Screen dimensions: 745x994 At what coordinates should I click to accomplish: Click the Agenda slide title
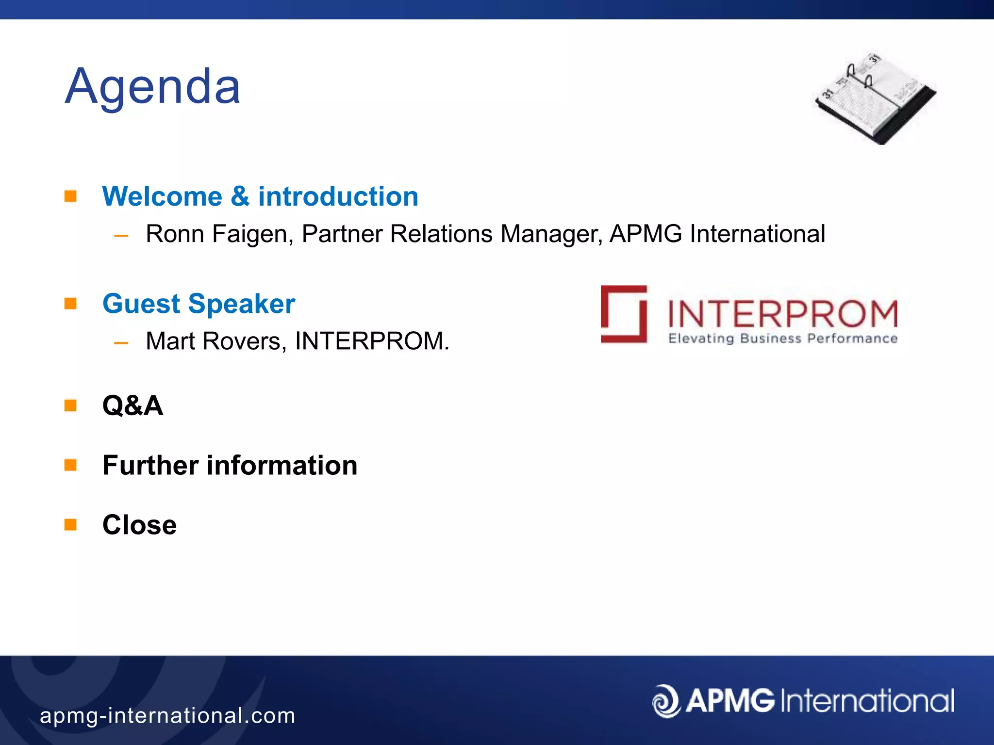[153, 87]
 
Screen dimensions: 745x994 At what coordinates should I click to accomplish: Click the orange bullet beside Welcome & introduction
[71, 196]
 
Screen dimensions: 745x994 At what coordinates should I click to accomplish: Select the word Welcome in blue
[162, 197]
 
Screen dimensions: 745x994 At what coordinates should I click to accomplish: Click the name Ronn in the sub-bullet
[175, 234]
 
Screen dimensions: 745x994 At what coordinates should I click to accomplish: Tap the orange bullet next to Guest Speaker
[71, 304]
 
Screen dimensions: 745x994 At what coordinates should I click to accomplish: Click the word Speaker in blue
[242, 304]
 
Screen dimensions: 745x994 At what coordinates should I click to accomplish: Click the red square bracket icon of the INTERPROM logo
[624, 314]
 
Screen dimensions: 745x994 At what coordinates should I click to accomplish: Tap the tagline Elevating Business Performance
[782, 339]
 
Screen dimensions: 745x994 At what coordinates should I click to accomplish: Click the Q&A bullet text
[133, 405]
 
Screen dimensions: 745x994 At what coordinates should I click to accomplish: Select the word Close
[140, 525]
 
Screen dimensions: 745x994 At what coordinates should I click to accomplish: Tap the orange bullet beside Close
[71, 525]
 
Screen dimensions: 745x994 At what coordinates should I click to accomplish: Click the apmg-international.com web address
[167, 716]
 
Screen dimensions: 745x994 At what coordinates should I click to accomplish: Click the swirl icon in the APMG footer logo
[666, 701]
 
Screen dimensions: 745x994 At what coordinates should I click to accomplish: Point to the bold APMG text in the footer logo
[730, 701]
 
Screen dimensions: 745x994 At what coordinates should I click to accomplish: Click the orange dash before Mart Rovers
[121, 343]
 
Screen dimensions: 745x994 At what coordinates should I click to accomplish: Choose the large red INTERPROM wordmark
[782, 314]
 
